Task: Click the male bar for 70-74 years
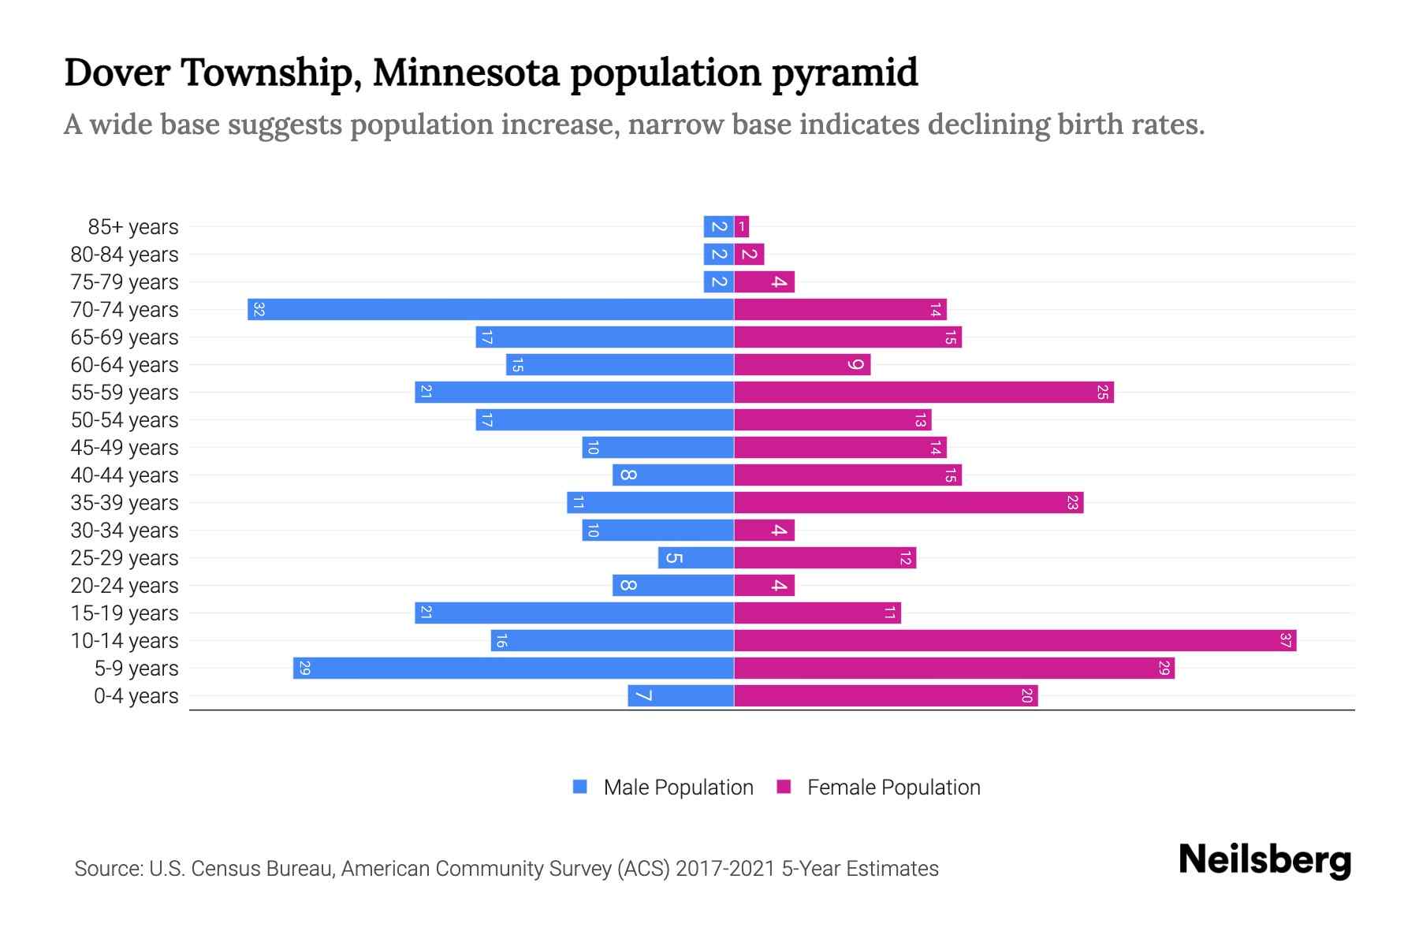(490, 310)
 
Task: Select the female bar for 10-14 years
(1015, 641)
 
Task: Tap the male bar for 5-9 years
(513, 669)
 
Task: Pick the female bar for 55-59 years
(924, 393)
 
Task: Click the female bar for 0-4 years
(886, 696)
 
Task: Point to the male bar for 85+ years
(718, 227)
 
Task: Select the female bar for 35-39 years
(909, 503)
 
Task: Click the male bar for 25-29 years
(696, 558)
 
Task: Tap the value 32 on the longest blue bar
(259, 310)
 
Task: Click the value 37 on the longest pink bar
(1286, 641)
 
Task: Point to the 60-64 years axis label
(125, 365)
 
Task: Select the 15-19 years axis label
(125, 613)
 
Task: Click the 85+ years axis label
(133, 227)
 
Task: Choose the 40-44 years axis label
(125, 475)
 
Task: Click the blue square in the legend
(580, 787)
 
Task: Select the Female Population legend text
(893, 788)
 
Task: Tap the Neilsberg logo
(1264, 860)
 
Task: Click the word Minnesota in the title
(466, 73)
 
